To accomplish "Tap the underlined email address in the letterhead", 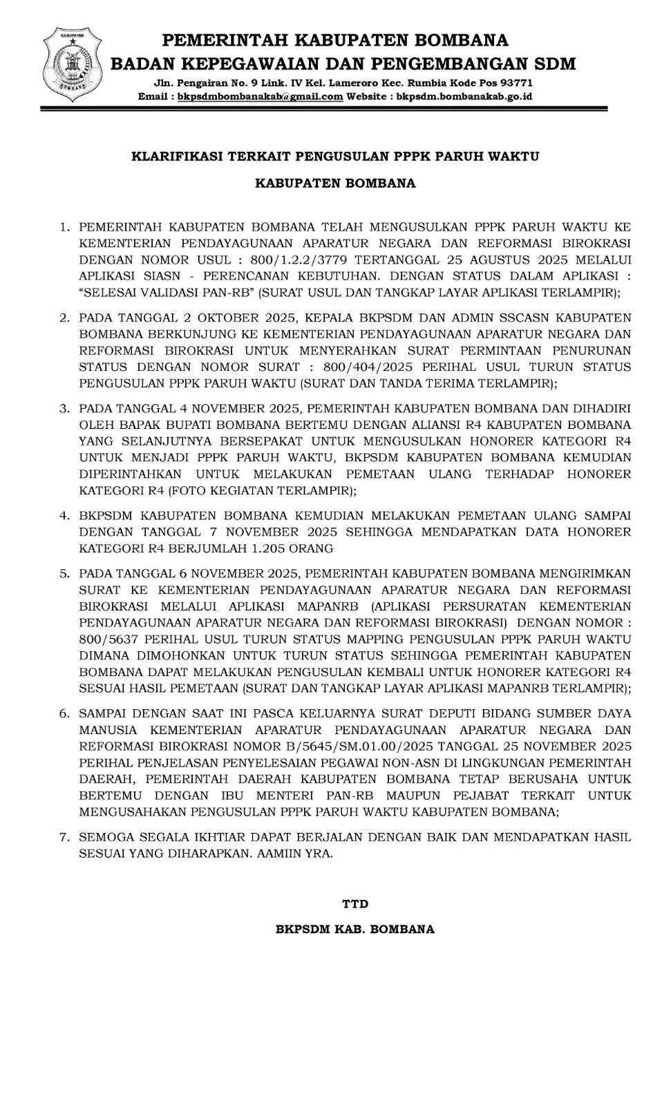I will click(260, 97).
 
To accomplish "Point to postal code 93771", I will click(516, 84).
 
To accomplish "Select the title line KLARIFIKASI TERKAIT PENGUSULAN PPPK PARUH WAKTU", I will click(335, 157).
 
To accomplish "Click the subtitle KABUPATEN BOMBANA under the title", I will click(335, 184).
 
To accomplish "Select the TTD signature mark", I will click(355, 904).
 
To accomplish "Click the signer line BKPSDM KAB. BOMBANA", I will click(355, 930).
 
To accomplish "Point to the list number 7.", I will click(64, 837).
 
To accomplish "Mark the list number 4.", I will click(64, 516).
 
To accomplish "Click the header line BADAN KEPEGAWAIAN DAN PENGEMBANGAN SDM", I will click(343, 64).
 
